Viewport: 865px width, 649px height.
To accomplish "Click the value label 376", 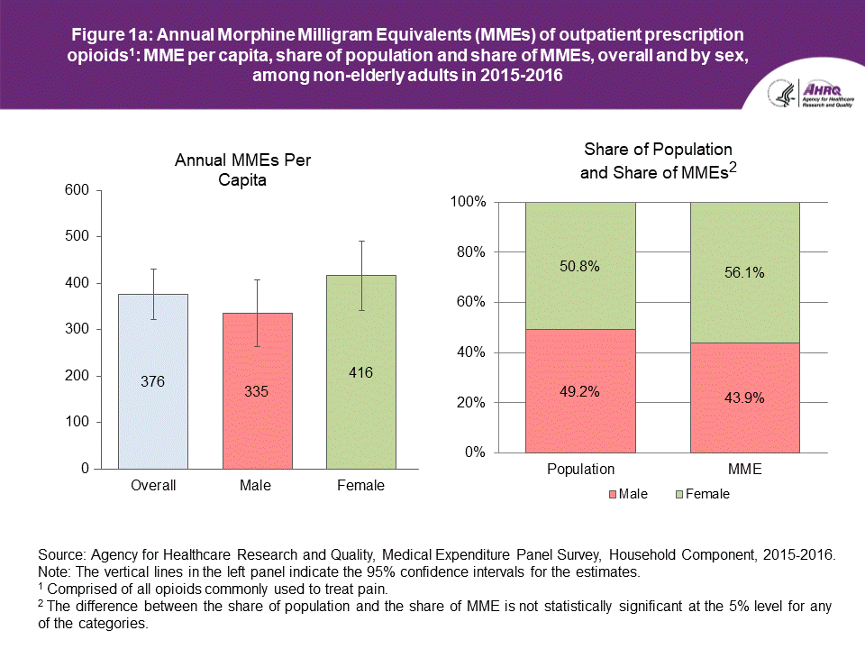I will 153,382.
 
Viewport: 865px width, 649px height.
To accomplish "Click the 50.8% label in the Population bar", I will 580,266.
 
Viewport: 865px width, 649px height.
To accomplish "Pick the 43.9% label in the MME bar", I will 745,398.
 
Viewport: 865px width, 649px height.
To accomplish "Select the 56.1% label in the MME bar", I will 745,272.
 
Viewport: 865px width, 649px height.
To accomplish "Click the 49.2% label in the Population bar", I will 580,392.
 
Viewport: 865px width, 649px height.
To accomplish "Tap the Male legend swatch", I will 615,494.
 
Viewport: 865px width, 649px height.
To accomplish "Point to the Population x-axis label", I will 580,469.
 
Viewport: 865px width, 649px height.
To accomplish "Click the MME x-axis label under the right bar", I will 745,469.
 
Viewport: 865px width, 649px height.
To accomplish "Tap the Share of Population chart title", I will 658,160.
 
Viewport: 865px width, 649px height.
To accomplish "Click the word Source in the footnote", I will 59,555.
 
